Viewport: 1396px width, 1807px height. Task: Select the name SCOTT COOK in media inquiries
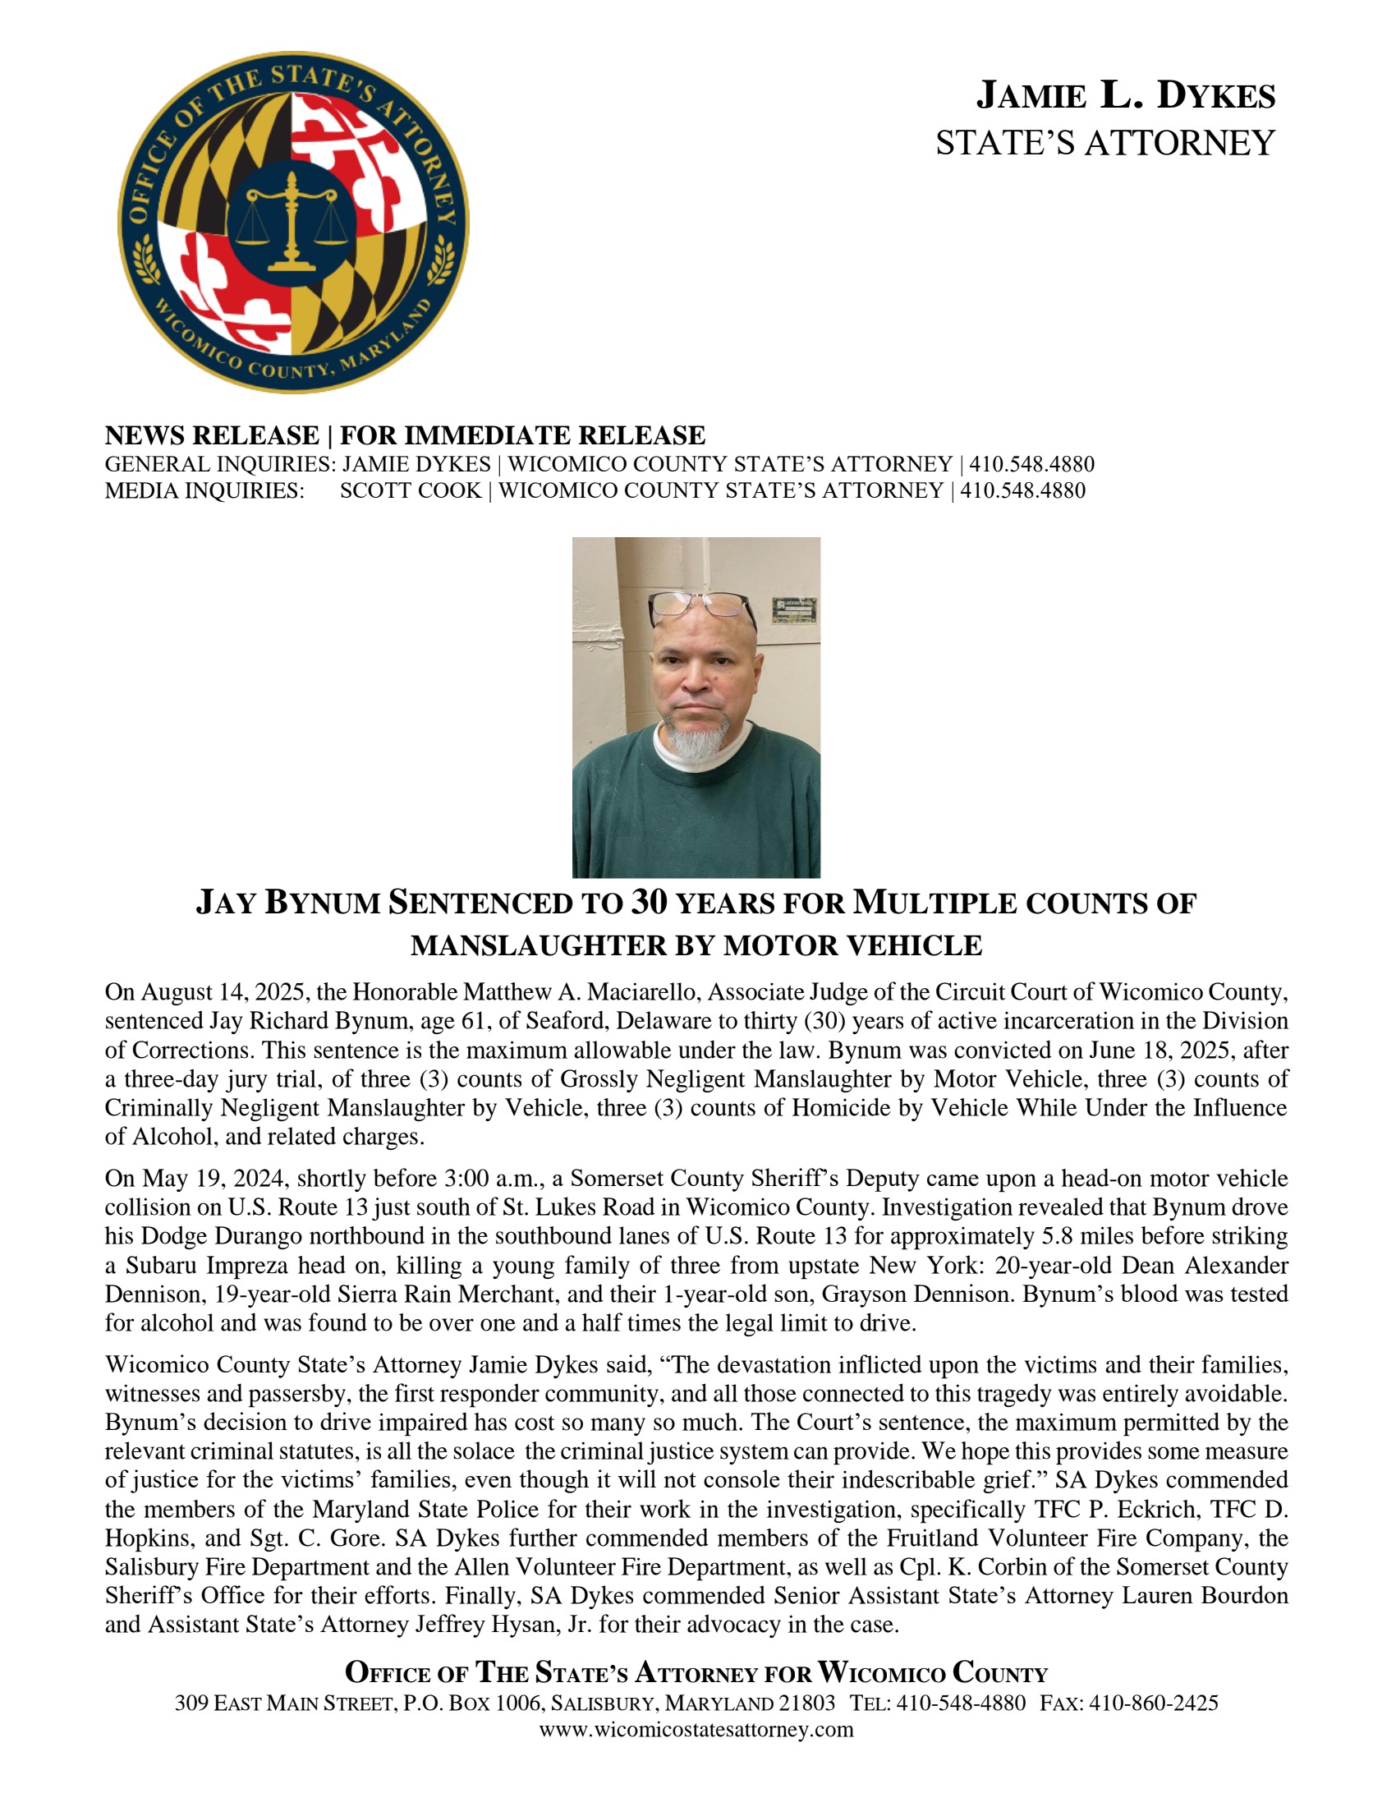411,490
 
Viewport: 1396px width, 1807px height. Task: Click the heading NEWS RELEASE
212,435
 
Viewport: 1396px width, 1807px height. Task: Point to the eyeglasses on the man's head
701,608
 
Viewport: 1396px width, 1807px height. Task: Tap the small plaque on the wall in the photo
795,609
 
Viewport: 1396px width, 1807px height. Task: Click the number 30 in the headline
649,903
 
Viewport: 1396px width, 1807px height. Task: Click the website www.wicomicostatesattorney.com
696,1729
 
